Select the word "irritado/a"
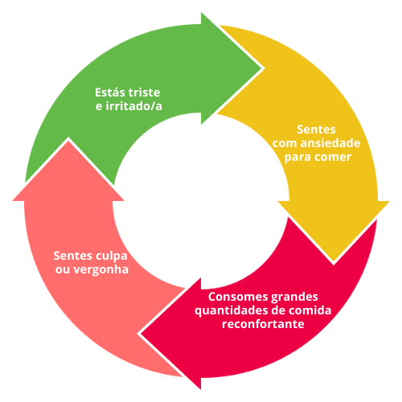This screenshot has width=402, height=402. point(133,106)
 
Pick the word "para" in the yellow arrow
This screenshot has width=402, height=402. point(297,158)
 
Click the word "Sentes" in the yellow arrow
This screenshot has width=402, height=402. point(316,129)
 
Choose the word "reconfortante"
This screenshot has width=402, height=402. point(263,324)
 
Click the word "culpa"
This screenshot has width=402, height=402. point(112,256)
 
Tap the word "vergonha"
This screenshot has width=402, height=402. point(101,270)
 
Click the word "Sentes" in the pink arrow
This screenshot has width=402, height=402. point(73,256)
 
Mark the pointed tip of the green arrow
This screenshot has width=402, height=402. point(261,68)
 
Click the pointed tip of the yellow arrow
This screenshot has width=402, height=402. point(334,261)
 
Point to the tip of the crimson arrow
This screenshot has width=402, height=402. point(141,334)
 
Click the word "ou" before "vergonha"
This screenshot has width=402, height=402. point(63,270)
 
